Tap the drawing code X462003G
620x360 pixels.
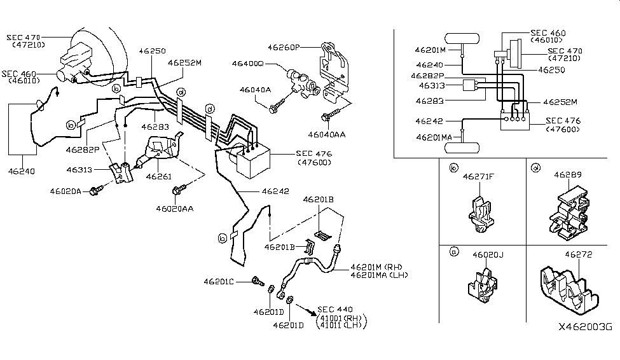pos(585,327)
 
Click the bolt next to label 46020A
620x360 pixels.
pos(97,190)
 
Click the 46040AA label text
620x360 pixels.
pos(327,134)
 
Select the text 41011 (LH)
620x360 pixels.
pos(340,324)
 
